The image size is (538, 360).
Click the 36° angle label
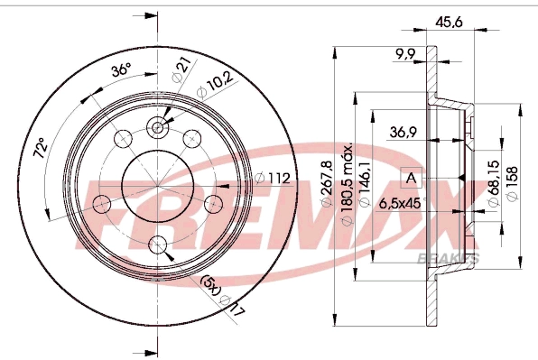(x=120, y=71)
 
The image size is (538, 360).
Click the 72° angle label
(x=40, y=147)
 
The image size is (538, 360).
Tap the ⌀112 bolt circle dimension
(x=274, y=178)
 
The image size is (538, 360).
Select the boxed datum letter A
(x=411, y=178)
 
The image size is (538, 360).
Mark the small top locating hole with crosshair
(x=158, y=128)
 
